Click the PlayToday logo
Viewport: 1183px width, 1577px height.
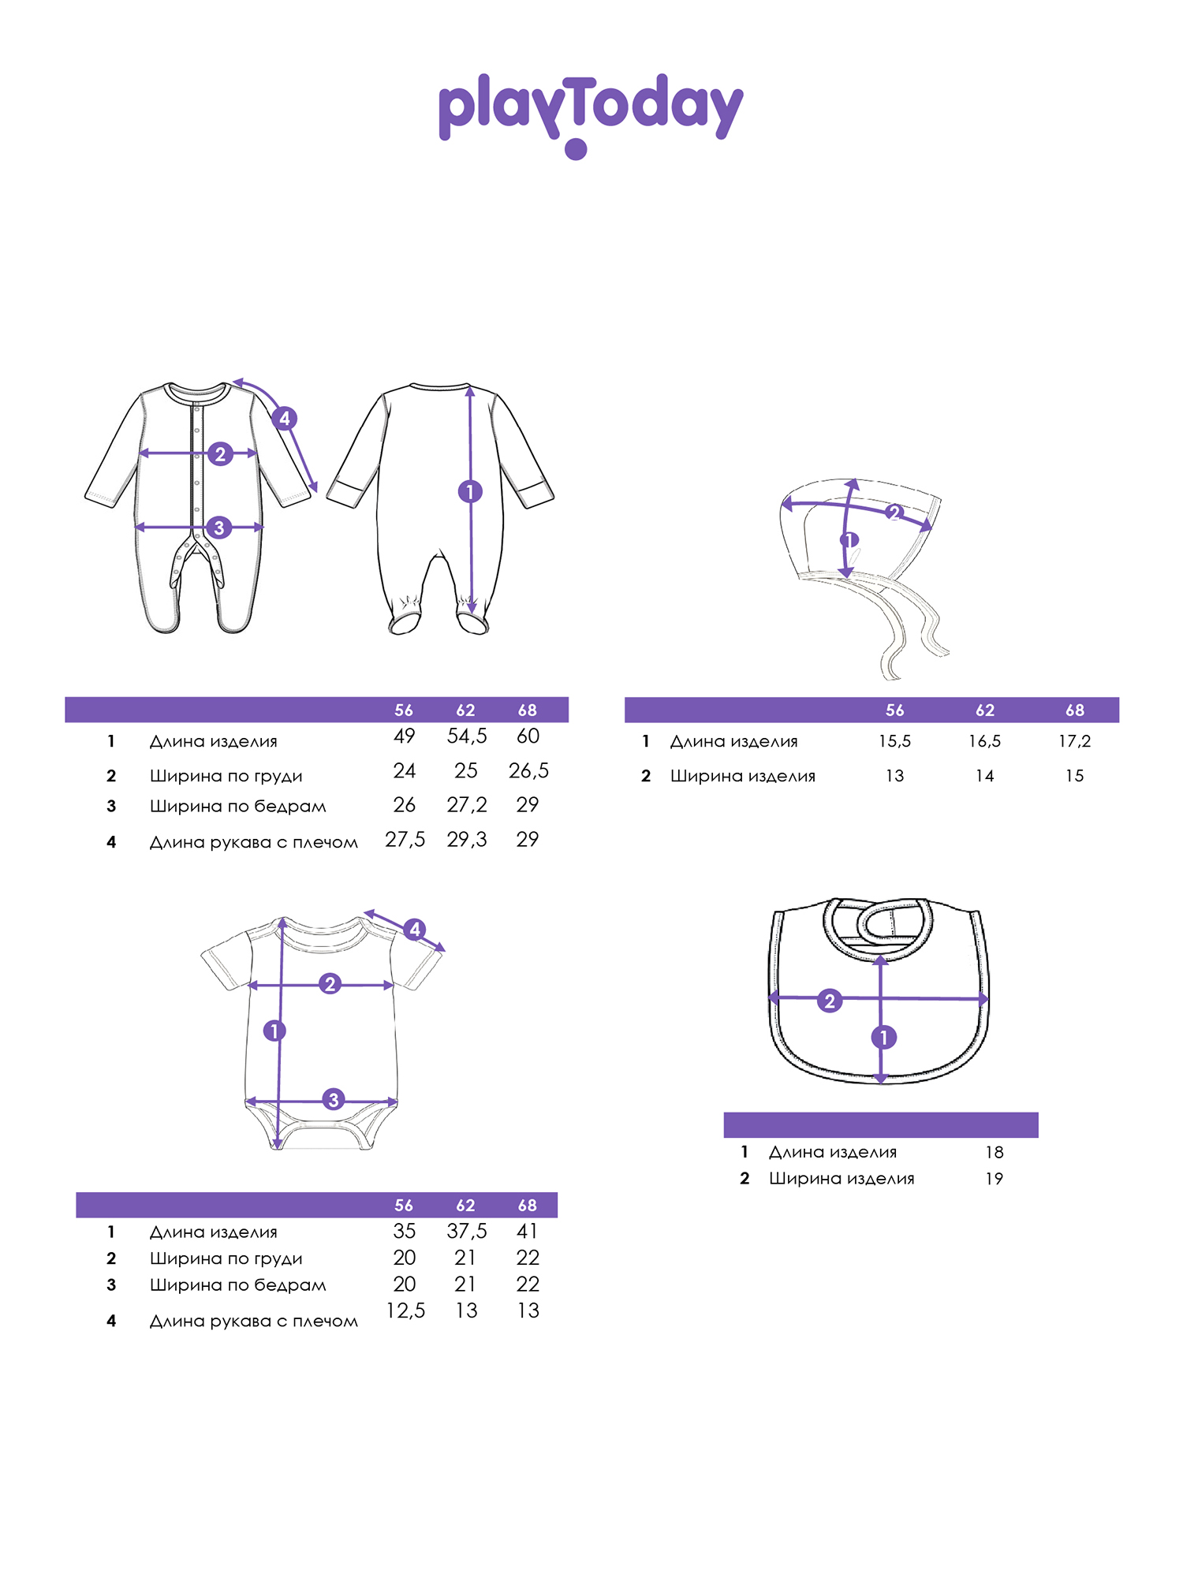click(591, 115)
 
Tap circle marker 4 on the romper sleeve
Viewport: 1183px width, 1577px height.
click(284, 418)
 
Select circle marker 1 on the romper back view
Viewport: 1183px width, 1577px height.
click(470, 492)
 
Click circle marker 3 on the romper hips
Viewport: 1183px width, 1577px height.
click(219, 527)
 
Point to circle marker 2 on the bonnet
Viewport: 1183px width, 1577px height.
click(894, 513)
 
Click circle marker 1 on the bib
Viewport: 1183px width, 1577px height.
click(884, 1037)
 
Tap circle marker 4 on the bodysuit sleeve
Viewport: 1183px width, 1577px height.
click(415, 930)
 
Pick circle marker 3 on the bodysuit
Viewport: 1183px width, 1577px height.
click(334, 1099)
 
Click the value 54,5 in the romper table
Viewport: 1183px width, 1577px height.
click(467, 736)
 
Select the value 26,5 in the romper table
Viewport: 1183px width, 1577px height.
click(528, 770)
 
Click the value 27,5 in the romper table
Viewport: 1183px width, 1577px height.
click(405, 840)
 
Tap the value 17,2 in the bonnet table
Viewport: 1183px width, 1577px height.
click(1075, 741)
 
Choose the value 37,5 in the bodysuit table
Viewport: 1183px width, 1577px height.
click(467, 1231)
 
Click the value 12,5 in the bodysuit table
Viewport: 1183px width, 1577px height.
click(405, 1310)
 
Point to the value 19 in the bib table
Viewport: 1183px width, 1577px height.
click(994, 1179)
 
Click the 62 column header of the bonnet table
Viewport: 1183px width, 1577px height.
click(985, 710)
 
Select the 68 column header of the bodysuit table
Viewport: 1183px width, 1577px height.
click(528, 1206)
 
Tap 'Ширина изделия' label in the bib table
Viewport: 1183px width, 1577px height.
click(842, 1179)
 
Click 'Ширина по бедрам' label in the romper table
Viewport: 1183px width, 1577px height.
click(238, 806)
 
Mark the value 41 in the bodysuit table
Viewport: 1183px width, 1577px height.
click(528, 1231)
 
